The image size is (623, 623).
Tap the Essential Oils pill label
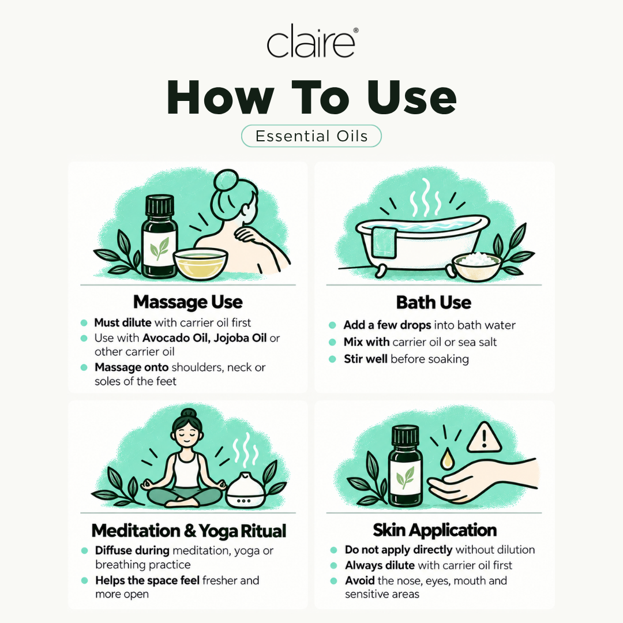click(311, 136)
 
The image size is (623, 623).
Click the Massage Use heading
click(188, 302)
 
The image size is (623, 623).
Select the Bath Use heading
click(433, 302)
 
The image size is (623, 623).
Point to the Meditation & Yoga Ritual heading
click(189, 531)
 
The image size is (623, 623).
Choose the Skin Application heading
click(435, 530)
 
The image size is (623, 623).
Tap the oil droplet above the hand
click(448, 459)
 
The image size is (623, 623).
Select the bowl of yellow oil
click(201, 262)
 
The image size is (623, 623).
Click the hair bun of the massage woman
click(226, 181)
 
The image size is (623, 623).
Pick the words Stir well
click(366, 359)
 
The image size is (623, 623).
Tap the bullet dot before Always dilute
click(334, 565)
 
